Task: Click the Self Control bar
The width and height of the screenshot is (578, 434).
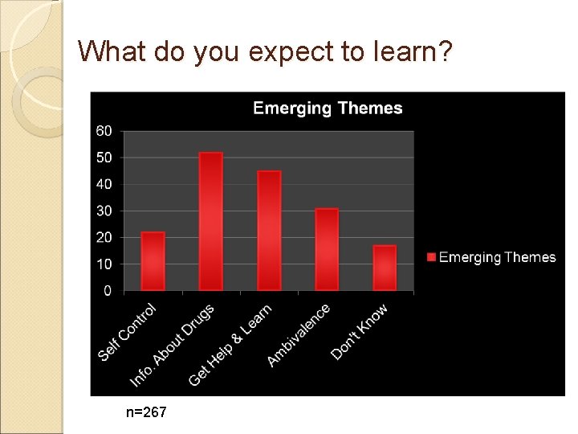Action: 153,261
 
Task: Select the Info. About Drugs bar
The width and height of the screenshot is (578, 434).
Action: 210,221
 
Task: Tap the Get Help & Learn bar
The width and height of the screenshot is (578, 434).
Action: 269,231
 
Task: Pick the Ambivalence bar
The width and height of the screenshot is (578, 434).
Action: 327,249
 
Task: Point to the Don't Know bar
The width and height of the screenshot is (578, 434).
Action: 385,268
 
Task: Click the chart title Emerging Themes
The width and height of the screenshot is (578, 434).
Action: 328,108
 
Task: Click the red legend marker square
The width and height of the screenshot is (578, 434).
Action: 431,257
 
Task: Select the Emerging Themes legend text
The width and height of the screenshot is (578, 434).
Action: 497,257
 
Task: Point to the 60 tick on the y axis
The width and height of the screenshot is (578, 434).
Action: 105,131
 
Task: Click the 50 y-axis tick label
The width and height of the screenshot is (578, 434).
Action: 105,158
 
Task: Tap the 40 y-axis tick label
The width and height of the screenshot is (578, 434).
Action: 105,184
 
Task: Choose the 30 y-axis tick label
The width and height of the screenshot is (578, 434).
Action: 105,211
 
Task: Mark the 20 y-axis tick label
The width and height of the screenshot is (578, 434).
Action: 105,237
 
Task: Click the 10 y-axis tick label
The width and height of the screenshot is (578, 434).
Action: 105,264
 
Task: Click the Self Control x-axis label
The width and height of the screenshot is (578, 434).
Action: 127,331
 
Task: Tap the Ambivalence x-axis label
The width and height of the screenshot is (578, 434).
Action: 298,335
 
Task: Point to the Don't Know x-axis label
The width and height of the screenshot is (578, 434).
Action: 359,331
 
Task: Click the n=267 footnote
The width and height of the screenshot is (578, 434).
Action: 146,412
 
